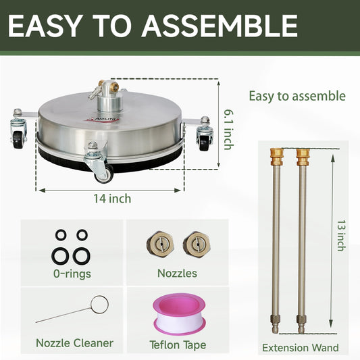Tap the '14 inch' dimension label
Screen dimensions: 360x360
(x=112, y=199)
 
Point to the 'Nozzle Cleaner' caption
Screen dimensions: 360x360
(x=74, y=343)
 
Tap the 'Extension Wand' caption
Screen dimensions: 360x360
(x=299, y=348)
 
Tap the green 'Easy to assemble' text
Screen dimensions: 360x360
(x=297, y=96)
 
